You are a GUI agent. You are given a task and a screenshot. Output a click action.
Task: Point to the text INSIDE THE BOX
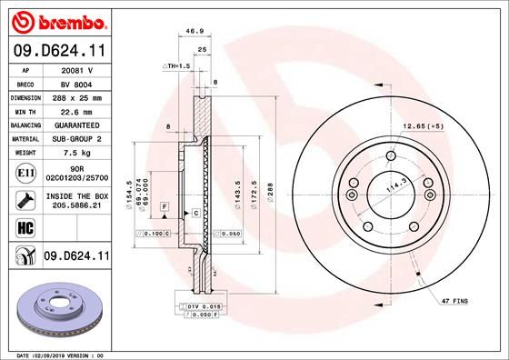76,195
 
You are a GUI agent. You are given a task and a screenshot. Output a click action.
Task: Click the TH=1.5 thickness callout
176,66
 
